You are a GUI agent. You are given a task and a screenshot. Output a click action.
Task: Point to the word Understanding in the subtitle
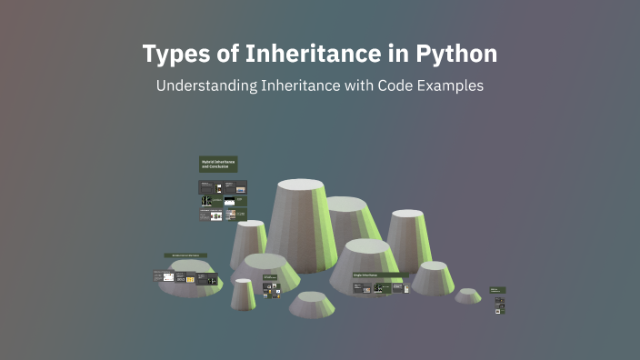coord(205,86)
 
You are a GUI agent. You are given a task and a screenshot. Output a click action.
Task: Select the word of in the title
coord(222,54)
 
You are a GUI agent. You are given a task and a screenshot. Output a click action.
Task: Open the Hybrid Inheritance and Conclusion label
coord(218,165)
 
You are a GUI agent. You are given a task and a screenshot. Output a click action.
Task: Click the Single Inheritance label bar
coord(379,275)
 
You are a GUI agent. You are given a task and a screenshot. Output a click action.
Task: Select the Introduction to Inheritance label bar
coord(185,255)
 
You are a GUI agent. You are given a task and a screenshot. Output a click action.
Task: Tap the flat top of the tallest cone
coord(300,185)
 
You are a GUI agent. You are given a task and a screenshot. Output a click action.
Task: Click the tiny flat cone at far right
coord(468,295)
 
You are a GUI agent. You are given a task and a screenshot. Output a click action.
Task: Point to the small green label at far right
coord(497,290)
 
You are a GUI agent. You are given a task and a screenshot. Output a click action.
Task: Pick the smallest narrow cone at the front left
coord(243,293)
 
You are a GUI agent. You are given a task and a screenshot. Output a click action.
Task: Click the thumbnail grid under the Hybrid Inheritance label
coord(223,201)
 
